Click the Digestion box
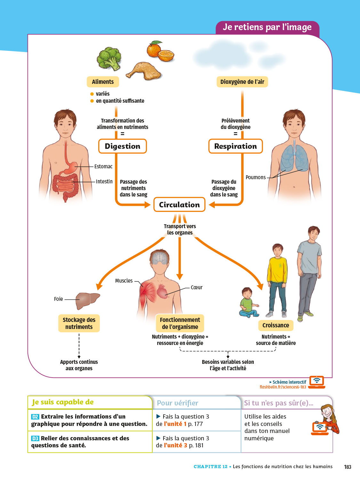pyautogui.click(x=123, y=146)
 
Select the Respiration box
pyautogui.click(x=236, y=146)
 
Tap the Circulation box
pyautogui.click(x=179, y=205)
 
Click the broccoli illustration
pyautogui.click(x=109, y=58)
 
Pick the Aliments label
pyautogui.click(x=103, y=82)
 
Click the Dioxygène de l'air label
pyautogui.click(x=242, y=82)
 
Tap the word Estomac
pyautogui.click(x=103, y=166)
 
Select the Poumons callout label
pyautogui.click(x=256, y=177)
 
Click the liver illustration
pyautogui.click(x=87, y=300)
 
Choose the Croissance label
pyautogui.click(x=276, y=325)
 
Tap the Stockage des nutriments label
pyautogui.click(x=79, y=323)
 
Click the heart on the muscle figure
pyautogui.click(x=162, y=291)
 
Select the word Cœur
pyautogui.click(x=196, y=287)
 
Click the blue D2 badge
pyautogui.click(x=35, y=417)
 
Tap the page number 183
pyautogui.click(x=348, y=467)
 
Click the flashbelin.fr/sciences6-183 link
pyautogui.click(x=283, y=387)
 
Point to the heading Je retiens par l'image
pyautogui.click(x=267, y=27)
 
